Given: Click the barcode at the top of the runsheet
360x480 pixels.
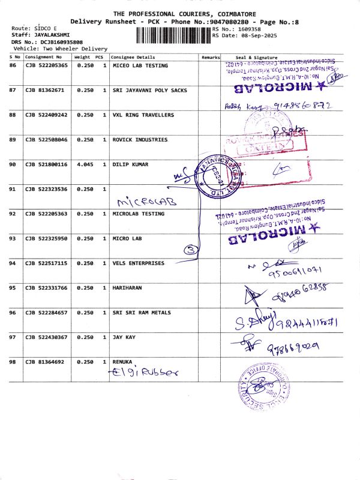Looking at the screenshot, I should (x=174, y=32).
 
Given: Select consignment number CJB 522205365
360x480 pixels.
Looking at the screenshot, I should (x=46, y=65).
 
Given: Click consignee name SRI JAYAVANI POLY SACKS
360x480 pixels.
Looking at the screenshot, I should (x=149, y=90).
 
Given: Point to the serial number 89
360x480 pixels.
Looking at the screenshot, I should (x=13, y=139).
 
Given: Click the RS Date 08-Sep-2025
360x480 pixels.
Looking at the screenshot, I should (x=246, y=35).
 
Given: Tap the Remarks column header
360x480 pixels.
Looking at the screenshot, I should (x=211, y=56).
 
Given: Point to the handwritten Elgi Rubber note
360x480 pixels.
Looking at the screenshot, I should (x=146, y=372).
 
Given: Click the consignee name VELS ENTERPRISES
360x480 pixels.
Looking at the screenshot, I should (x=138, y=263).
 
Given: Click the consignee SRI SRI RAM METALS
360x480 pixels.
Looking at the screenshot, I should (x=142, y=313).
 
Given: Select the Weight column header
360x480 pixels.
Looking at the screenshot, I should (x=82, y=56).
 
